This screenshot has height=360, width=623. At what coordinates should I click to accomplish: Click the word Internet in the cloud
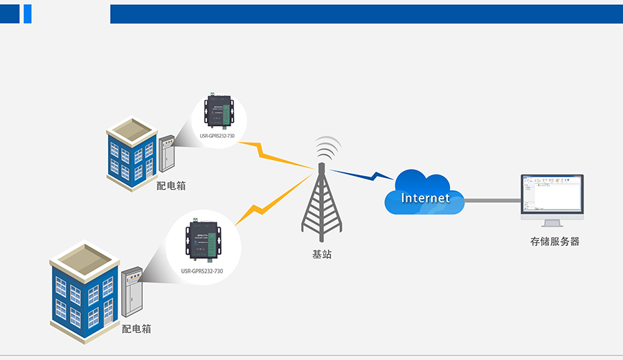coord(425,198)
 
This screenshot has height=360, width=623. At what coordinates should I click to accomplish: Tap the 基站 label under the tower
coord(322,254)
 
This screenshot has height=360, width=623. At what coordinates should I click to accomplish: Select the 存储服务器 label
coord(554,242)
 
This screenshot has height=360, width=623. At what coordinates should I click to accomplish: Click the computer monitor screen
coord(552,195)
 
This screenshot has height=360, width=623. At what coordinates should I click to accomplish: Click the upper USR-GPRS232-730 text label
coord(217,136)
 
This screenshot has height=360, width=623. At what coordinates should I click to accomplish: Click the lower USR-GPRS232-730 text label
coord(202,271)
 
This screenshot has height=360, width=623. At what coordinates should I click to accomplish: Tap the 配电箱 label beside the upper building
coord(171,186)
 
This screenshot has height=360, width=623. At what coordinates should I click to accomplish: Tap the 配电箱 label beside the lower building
coord(136,329)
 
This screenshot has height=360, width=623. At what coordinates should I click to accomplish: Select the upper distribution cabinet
coord(167,154)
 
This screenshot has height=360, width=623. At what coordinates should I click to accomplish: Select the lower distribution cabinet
coord(132,293)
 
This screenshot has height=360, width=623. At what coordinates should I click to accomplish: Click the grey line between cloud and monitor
coord(492,201)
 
